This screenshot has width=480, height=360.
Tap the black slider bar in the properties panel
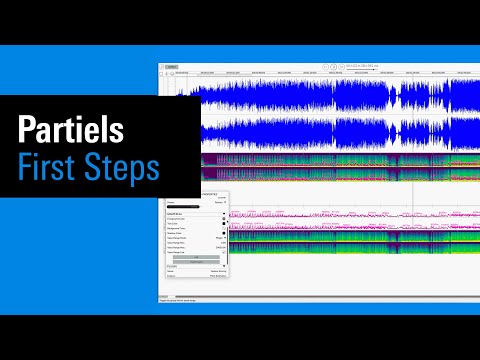(x=189, y=207)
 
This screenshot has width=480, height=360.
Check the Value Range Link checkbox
(x=225, y=253)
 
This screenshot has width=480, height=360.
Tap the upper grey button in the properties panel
(x=196, y=258)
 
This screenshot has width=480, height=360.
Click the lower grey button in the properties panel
(x=196, y=263)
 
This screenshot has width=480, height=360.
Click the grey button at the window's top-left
(x=171, y=67)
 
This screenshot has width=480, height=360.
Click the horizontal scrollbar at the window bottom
(x=300, y=296)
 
